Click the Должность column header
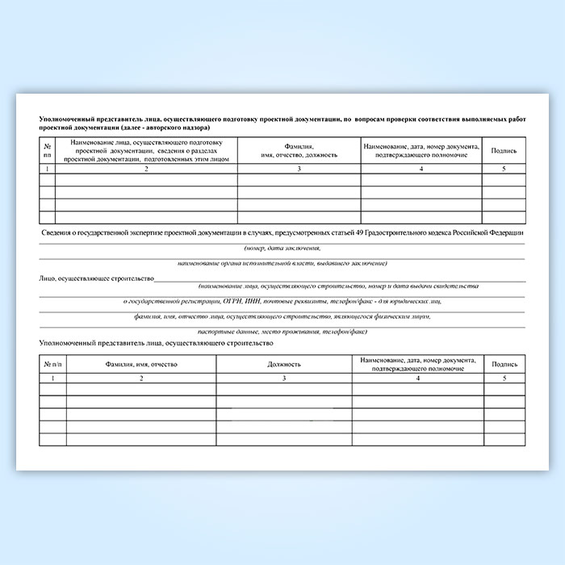click(x=284, y=365)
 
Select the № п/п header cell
click(x=52, y=365)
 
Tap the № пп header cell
click(x=47, y=150)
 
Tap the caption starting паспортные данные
click(x=282, y=331)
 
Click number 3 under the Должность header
click(x=284, y=378)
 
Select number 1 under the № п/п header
click(x=52, y=378)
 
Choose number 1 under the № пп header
click(x=47, y=168)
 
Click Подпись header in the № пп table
click(x=504, y=150)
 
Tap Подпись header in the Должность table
click(x=504, y=365)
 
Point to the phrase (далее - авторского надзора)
click(x=165, y=128)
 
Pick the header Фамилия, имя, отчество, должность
click(x=299, y=150)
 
